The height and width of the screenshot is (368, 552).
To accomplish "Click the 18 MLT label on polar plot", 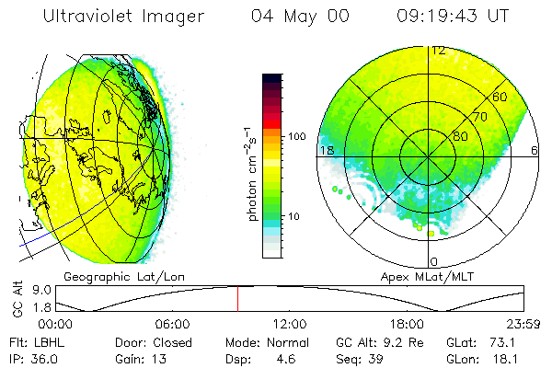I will click(326, 150).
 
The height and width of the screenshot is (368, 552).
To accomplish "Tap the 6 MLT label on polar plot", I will click(535, 150).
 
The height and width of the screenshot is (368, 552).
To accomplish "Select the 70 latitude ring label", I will click(479, 118).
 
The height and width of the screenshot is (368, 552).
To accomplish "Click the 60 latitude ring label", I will click(500, 97).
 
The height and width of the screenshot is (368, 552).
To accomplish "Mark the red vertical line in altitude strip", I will click(237, 299).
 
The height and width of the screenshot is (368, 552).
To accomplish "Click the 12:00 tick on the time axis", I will click(290, 324).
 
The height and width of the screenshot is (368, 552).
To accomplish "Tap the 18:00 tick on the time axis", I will click(407, 324).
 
